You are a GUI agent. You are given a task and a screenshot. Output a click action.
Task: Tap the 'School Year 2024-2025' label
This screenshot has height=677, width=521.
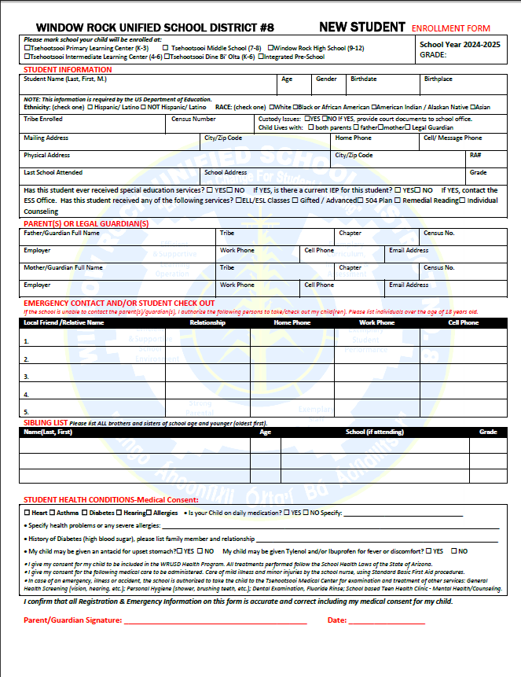[x=460, y=45]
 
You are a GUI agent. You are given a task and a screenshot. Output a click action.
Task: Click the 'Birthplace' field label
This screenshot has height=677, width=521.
[x=438, y=79]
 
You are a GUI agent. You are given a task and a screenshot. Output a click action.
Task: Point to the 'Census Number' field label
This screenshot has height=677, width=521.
[x=193, y=119]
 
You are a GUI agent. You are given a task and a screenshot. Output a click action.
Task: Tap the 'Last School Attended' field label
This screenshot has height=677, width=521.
[x=53, y=172]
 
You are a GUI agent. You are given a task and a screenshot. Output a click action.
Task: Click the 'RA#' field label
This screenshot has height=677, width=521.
[x=475, y=155]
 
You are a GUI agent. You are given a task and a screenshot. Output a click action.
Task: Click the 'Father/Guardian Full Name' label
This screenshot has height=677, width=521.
[x=61, y=233]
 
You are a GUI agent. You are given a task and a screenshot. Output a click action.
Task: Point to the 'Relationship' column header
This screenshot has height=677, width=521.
[x=207, y=322]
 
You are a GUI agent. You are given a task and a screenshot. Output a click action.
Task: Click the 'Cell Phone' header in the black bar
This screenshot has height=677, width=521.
[x=463, y=322]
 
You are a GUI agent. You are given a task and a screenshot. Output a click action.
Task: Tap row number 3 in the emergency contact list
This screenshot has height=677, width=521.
[x=27, y=377]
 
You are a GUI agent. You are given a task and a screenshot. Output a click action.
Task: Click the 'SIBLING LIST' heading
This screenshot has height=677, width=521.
[x=46, y=423]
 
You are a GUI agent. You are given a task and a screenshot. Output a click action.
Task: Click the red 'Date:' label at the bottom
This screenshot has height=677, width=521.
[x=337, y=620]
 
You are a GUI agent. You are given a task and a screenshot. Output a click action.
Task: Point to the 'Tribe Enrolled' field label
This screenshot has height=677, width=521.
[x=43, y=119]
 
